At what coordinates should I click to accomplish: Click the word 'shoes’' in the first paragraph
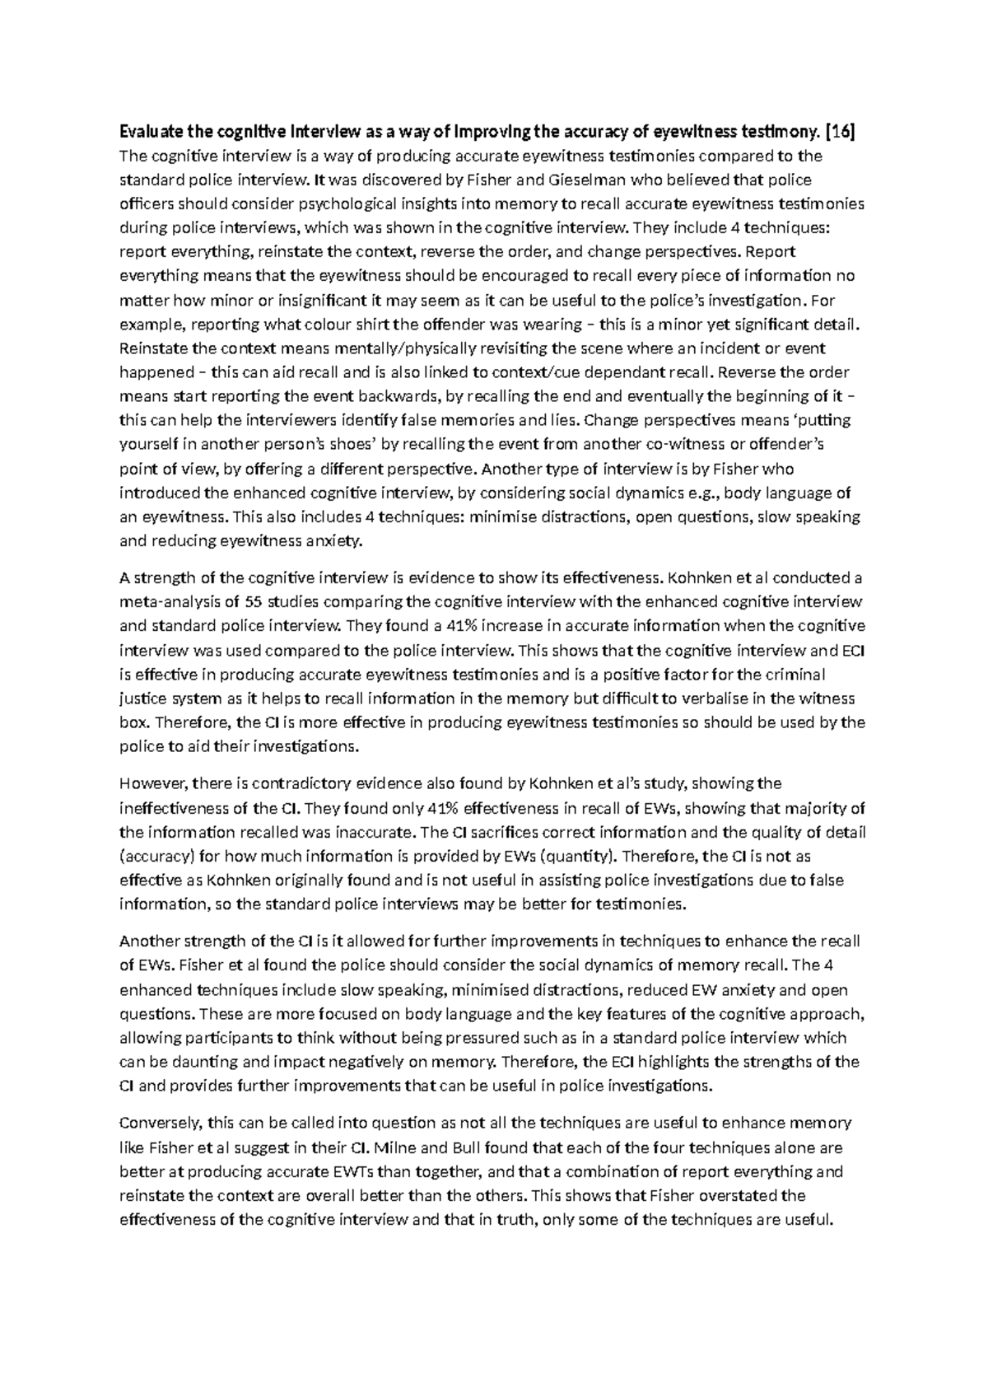click(x=353, y=445)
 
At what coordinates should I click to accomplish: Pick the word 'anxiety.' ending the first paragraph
click(x=333, y=541)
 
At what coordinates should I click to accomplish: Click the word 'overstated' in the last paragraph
click(x=742, y=1195)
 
